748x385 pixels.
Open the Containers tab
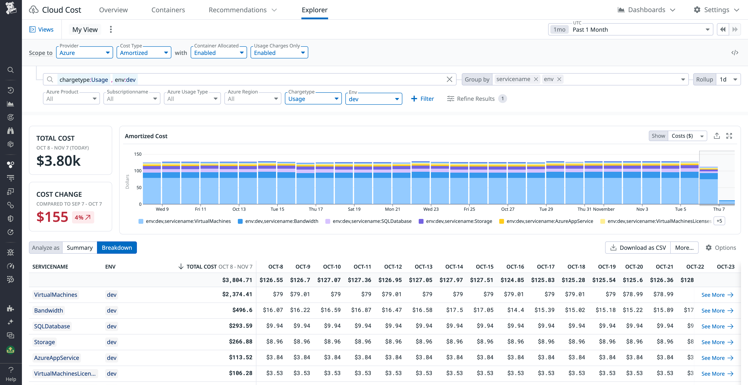click(x=168, y=10)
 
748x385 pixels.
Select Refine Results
click(x=471, y=99)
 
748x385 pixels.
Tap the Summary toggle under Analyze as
click(x=80, y=248)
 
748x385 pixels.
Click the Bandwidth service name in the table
click(x=49, y=310)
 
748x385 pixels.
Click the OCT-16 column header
click(x=515, y=267)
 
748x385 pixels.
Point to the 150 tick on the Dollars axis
click(x=138, y=154)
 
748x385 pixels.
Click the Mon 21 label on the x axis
click(x=392, y=209)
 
